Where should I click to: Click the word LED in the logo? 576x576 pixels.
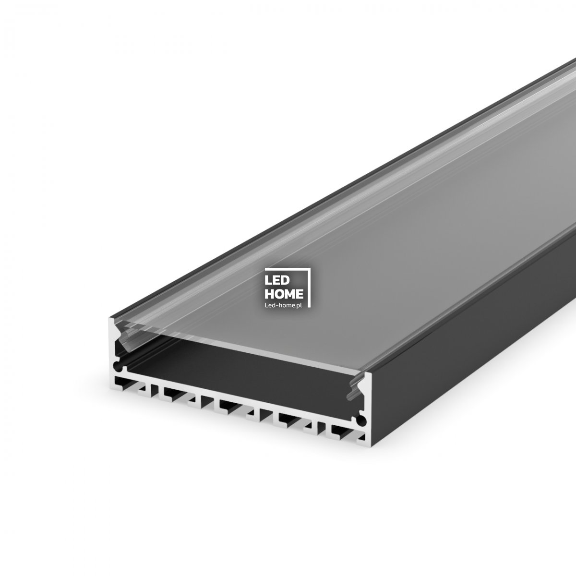(x=275, y=280)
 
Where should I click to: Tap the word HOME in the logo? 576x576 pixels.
(x=284, y=293)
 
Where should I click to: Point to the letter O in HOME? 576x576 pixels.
(x=279, y=293)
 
